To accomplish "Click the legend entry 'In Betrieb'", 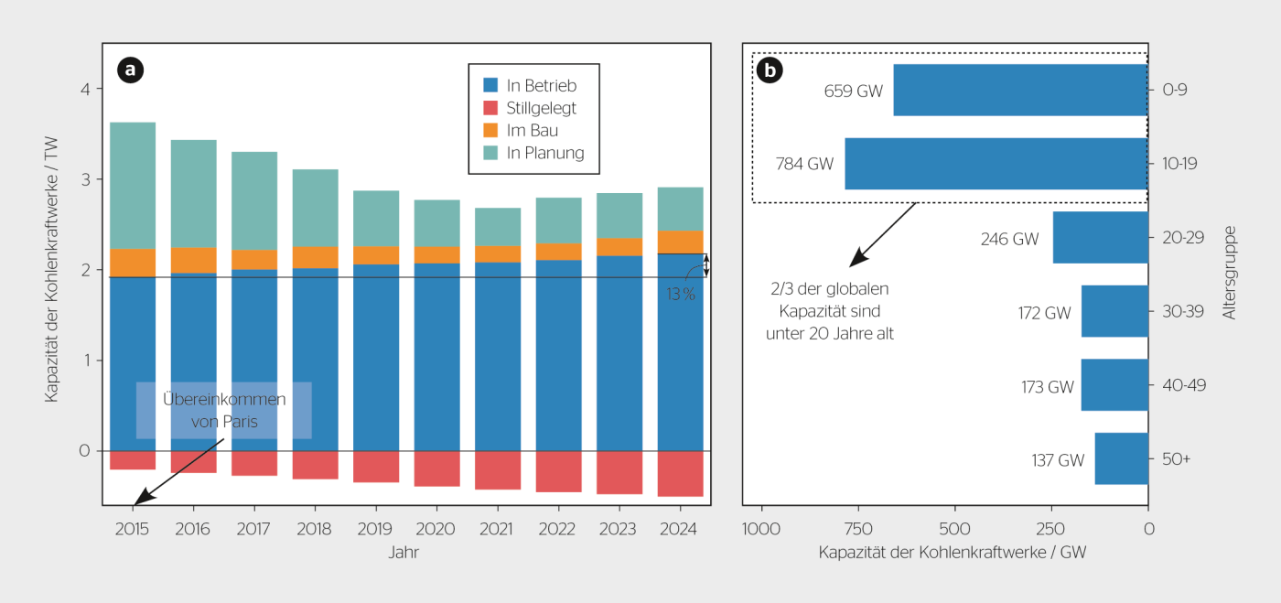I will coord(542,86).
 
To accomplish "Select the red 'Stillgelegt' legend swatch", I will coord(491,108).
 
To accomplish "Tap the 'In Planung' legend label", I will coord(545,153).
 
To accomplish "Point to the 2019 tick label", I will coord(375,530).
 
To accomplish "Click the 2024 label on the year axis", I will coord(680,530).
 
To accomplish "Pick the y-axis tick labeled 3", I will coord(84,179).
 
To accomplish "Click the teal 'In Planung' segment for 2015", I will coord(133,185).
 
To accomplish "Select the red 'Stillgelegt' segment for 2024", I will coord(680,473).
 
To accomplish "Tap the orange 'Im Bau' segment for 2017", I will coord(254,260).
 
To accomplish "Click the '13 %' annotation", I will coord(681,294).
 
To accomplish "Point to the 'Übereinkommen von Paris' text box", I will coord(224,411).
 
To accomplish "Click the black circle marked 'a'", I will coord(131,69).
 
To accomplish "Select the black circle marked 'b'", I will coord(770,70).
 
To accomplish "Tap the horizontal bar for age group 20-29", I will coord(1100,238).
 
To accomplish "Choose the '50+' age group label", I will coord(1176,459).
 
